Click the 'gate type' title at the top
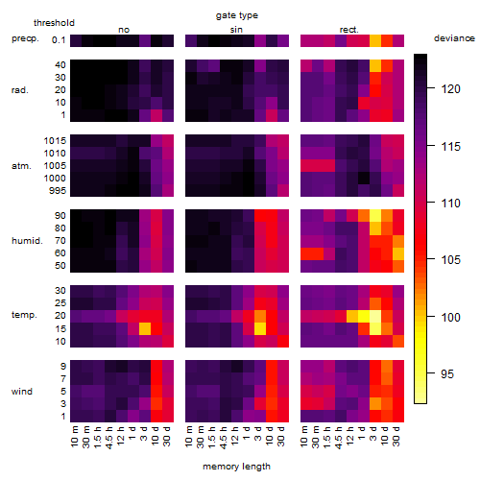(237, 15)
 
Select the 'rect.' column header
(348, 30)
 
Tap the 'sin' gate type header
(236, 30)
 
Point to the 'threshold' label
(54, 23)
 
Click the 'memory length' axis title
(236, 467)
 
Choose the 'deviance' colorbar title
(454, 38)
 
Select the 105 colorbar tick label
(450, 259)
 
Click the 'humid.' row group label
(27, 241)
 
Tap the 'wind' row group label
(22, 392)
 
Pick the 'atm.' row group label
(21, 166)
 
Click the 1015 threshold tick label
(55, 141)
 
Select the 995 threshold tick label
(58, 191)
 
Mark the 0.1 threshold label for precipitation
(59, 40)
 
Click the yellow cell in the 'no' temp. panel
(145, 328)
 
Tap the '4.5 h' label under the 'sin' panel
(224, 437)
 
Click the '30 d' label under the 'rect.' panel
(396, 436)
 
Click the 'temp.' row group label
(24, 315)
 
